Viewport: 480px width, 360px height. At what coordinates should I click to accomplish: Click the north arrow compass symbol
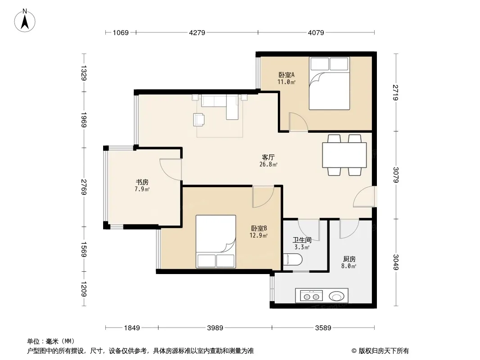coord(25,21)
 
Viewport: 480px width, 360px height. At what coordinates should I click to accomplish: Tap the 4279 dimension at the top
coord(197,32)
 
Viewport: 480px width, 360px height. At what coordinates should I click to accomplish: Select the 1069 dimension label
coord(121,32)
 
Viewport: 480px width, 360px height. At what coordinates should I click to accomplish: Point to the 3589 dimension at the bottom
coord(323,328)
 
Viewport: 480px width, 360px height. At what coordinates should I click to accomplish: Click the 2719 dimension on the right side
coord(395,92)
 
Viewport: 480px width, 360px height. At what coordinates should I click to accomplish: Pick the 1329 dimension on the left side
coord(84,73)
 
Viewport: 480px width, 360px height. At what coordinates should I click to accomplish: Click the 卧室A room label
coord(286,75)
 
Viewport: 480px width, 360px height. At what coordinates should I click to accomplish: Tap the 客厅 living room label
coord(268,157)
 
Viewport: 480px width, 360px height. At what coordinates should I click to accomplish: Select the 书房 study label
coord(142,182)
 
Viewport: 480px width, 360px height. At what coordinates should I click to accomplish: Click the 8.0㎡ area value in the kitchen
coord(349,266)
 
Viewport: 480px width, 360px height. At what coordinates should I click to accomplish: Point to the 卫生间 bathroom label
coord(302,240)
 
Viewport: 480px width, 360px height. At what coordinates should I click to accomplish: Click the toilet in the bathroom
coord(293,260)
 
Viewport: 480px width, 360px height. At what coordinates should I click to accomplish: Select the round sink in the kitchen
coord(337,296)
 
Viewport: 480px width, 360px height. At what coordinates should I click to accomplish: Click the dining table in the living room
coord(344,155)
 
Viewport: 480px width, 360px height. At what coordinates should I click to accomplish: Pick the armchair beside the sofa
coord(199,120)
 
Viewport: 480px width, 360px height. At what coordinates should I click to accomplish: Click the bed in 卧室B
coord(216,241)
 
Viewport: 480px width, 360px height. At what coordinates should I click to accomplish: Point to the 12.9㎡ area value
coord(258,235)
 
